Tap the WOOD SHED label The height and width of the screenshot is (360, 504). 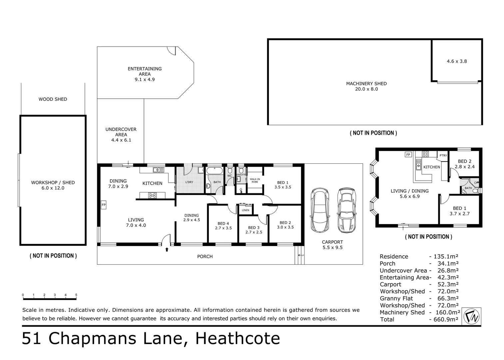click(53, 99)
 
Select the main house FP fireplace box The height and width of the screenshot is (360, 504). click(104, 205)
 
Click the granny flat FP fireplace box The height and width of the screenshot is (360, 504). click(408, 155)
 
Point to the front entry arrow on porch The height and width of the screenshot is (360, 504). click(167, 249)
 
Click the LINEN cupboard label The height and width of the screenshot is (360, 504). click(246, 210)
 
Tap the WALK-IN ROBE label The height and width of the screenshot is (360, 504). click(254, 180)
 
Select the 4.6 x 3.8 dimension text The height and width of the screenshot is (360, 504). click(457, 61)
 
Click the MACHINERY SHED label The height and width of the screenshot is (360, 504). click(366, 84)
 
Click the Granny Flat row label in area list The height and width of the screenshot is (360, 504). click(396, 298)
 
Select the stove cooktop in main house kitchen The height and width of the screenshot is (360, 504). click(152, 195)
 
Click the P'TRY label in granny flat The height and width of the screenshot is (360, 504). click(443, 156)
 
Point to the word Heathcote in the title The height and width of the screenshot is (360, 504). click(238, 338)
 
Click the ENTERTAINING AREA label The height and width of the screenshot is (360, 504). click(145, 71)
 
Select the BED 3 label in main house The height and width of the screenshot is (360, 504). click(254, 228)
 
